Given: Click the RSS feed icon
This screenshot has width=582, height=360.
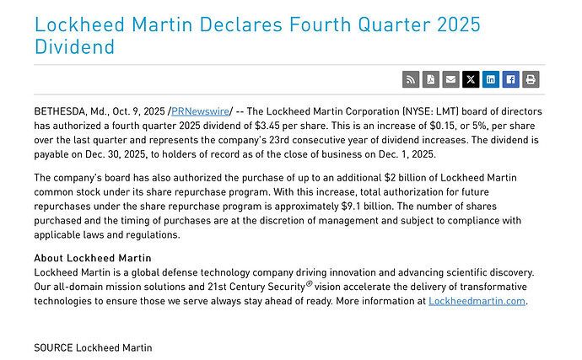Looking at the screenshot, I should [412, 80].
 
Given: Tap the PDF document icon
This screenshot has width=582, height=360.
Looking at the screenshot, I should [431, 80].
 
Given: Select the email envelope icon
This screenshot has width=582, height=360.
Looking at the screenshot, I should [451, 80].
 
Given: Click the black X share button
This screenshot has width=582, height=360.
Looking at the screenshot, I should [471, 80].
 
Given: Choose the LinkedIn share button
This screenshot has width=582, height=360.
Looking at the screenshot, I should [491, 80].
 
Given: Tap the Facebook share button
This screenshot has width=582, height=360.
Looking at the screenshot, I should [510, 80].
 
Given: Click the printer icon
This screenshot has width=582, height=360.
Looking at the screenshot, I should [531, 80].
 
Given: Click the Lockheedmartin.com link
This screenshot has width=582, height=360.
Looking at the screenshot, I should [477, 301].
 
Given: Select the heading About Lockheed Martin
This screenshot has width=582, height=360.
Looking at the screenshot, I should [93, 258].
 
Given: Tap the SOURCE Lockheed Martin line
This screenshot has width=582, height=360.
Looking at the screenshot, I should [93, 347].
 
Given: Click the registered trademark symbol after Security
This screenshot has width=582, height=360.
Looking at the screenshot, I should [309, 284].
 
